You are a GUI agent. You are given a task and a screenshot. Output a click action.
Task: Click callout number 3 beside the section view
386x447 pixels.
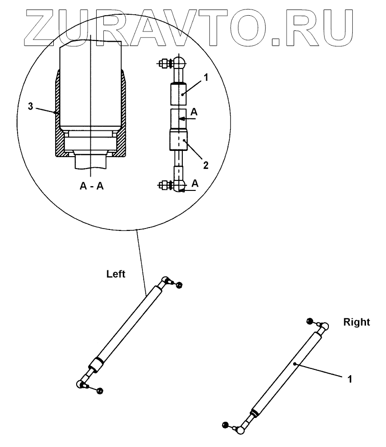pos(30,107)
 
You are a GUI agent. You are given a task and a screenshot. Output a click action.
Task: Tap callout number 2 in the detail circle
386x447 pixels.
pos(205,165)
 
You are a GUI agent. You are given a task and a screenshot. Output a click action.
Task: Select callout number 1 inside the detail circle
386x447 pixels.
pos(206,77)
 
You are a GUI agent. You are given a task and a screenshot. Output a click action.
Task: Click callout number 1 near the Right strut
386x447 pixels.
pos(350,379)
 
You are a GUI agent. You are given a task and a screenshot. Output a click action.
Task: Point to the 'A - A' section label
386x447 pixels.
pos(92,186)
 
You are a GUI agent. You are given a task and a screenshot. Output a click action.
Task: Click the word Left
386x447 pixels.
pos(116,274)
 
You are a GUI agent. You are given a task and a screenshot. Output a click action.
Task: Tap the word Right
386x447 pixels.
pos(356,322)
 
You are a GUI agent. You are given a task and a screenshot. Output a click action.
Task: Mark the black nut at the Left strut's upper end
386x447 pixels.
pos(179,285)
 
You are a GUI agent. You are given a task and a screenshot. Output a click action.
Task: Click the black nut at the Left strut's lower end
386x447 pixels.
pos(100,391)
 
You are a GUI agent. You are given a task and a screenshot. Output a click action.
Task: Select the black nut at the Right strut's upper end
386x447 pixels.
pos(310,321)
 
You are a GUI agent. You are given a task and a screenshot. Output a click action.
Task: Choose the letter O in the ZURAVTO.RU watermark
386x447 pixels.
pos(247,24)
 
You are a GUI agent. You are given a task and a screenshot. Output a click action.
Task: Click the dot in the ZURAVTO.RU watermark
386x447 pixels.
pos(277,41)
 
